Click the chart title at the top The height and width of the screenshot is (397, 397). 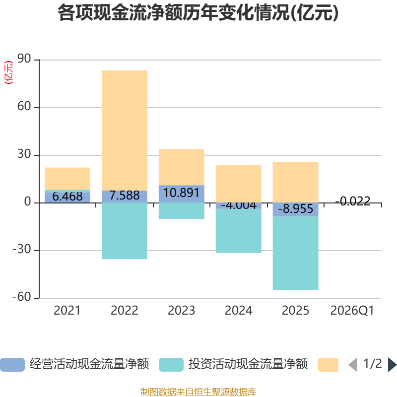pyautogui.click(x=198, y=13)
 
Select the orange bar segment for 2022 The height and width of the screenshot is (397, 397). pyautogui.click(x=125, y=131)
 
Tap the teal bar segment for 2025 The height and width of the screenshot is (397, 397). pyautogui.click(x=295, y=253)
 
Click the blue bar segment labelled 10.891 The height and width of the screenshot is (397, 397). pyautogui.click(x=182, y=194)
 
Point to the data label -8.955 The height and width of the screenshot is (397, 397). pyautogui.click(x=295, y=209)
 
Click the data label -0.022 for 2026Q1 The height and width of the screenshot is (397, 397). pyautogui.click(x=353, y=201)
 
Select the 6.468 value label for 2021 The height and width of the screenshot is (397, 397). pyautogui.click(x=67, y=197)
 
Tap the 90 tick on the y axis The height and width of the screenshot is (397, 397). pyautogui.click(x=24, y=59)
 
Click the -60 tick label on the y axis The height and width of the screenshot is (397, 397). pyautogui.click(x=22, y=296)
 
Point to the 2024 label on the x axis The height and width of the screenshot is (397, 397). pyautogui.click(x=239, y=311)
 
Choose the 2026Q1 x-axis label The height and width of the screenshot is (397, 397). pyautogui.click(x=352, y=311)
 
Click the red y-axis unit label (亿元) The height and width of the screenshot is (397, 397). pyautogui.click(x=8, y=72)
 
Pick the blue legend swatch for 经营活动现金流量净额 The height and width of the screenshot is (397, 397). pyautogui.click(x=12, y=365)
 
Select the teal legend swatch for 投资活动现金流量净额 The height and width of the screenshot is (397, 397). pyautogui.click(x=171, y=365)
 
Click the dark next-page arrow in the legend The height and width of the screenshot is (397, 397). pyautogui.click(x=392, y=365)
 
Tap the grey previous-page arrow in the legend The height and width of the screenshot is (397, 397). pyautogui.click(x=353, y=365)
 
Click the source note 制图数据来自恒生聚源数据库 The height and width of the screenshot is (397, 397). pyautogui.click(x=198, y=392)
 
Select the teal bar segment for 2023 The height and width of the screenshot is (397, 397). pyautogui.click(x=182, y=211)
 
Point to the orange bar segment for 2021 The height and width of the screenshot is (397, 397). pyautogui.click(x=67, y=179)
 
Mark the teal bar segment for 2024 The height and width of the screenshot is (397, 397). pyautogui.click(x=239, y=231)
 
